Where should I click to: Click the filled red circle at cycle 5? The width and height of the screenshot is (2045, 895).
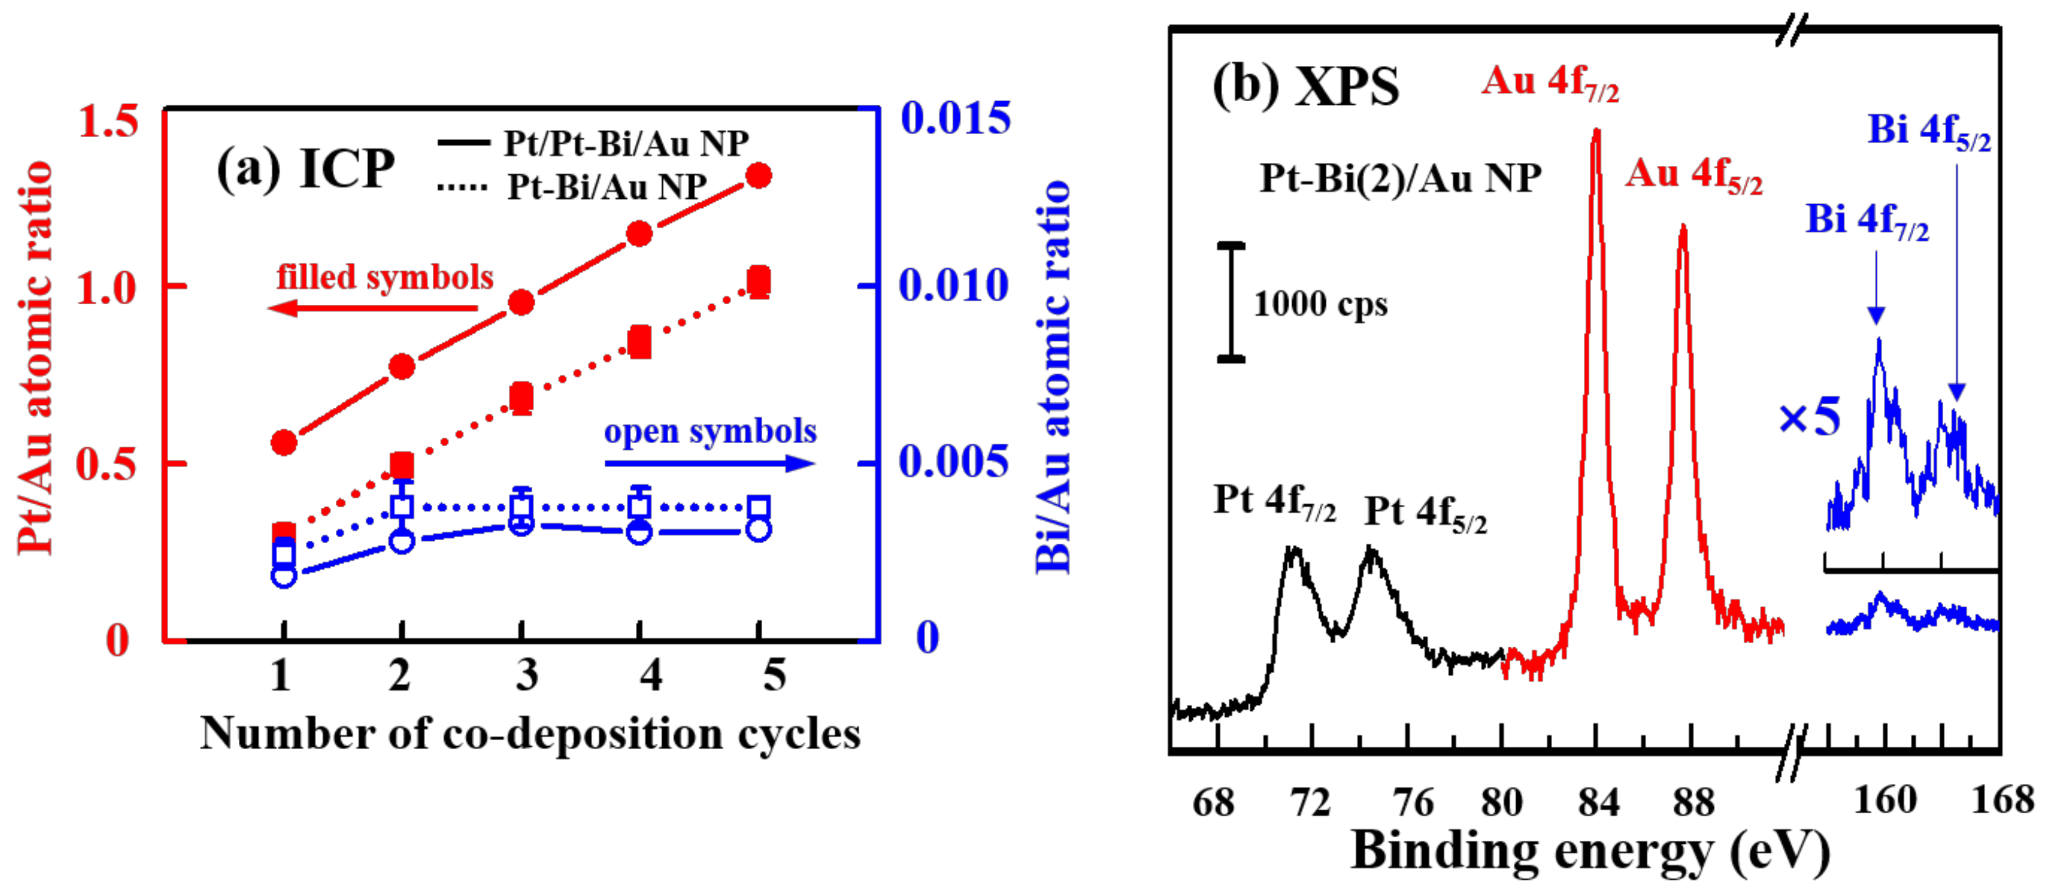pyautogui.click(x=759, y=175)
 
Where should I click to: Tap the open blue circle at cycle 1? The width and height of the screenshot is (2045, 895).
pyautogui.click(x=283, y=575)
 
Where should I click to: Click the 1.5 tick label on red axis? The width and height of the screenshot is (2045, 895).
pyautogui.click(x=109, y=121)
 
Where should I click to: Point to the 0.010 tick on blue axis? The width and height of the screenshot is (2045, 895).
pyautogui.click(x=953, y=286)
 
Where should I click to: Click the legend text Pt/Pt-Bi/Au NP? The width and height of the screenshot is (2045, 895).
pyautogui.click(x=626, y=144)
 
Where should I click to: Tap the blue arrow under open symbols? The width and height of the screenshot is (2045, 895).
pyautogui.click(x=709, y=463)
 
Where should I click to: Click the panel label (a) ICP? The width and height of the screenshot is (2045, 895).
pyautogui.click(x=306, y=168)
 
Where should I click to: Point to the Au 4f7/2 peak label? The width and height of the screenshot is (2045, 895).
pyautogui.click(x=1549, y=82)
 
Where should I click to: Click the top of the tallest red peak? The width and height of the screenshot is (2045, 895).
pyautogui.click(x=1596, y=132)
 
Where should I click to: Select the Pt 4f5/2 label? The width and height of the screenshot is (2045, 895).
pyautogui.click(x=1425, y=513)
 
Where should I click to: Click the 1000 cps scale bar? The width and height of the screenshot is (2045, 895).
pyautogui.click(x=1230, y=302)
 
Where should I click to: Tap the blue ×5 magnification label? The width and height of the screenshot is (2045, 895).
pyautogui.click(x=1809, y=418)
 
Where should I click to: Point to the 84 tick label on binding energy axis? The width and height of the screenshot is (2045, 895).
pyautogui.click(x=1597, y=802)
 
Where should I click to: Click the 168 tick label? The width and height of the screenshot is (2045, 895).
pyautogui.click(x=2002, y=799)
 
